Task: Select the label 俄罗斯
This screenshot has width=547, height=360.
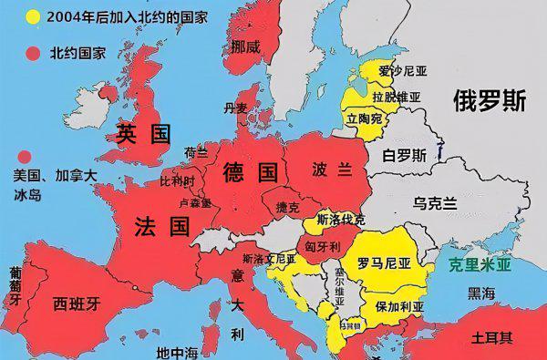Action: (490, 102)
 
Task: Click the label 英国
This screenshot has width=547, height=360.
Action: (143, 136)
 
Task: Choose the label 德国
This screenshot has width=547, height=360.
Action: (249, 170)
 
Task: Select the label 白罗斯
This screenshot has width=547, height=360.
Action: (403, 154)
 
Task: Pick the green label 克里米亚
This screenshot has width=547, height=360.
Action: (480, 265)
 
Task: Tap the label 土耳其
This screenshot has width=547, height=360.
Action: (492, 337)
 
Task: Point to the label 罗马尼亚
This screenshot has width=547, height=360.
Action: (384, 264)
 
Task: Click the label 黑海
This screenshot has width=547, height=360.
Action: (481, 293)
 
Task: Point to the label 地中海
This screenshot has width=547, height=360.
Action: (177, 351)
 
